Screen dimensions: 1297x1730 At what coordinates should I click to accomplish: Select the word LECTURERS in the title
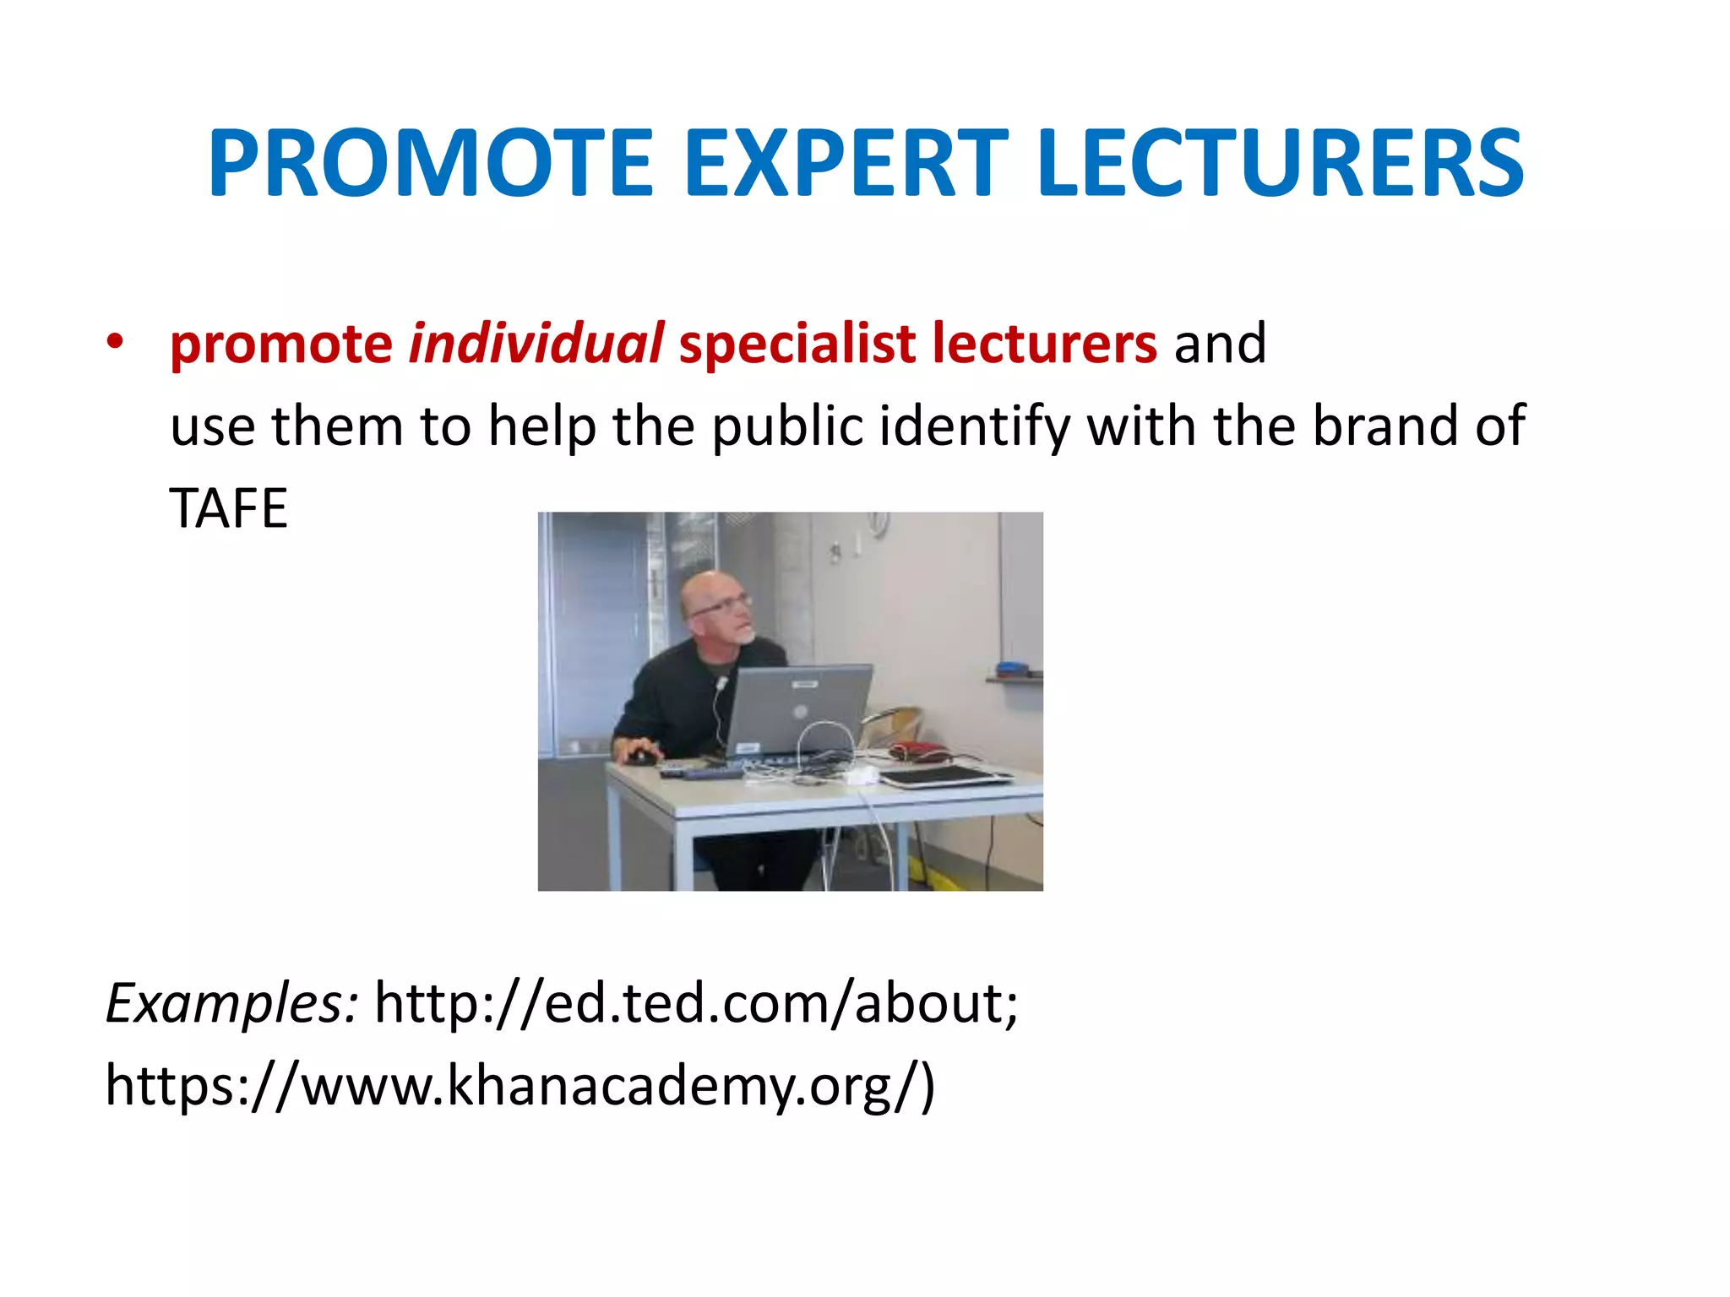click(x=1280, y=163)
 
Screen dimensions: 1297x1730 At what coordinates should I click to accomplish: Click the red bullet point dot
click(x=115, y=342)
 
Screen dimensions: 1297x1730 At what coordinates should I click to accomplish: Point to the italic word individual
click(x=536, y=344)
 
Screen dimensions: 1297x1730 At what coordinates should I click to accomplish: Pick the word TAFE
click(x=228, y=508)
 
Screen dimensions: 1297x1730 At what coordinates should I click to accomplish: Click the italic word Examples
click(x=231, y=1004)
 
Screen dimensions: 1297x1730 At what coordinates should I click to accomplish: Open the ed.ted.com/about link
click(x=696, y=1002)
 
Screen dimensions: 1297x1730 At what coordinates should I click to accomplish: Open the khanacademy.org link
click(x=519, y=1085)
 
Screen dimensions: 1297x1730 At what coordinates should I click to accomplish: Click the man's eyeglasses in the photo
click(x=721, y=605)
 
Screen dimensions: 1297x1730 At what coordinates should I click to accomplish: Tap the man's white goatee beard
click(x=746, y=635)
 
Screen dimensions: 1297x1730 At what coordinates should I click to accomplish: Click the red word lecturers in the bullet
click(x=1044, y=344)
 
